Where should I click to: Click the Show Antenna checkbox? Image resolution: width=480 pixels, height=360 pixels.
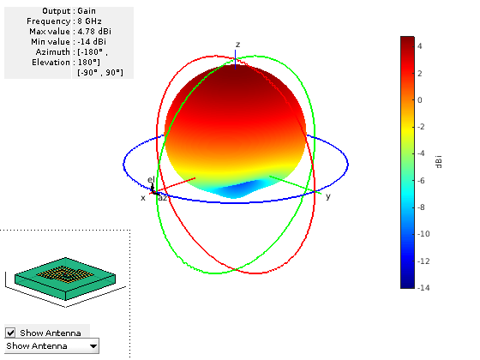point(10,333)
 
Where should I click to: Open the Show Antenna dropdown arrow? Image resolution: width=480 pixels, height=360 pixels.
point(93,346)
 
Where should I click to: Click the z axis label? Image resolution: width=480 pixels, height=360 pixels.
point(238,45)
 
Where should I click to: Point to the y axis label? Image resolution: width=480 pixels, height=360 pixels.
point(328,196)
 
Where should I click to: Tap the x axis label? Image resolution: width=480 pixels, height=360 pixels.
point(143,198)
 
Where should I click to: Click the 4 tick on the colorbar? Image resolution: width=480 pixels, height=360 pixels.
point(420,46)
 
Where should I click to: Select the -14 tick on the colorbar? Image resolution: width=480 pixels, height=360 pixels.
point(423,287)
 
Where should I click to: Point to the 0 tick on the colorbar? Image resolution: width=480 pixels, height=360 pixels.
point(420,100)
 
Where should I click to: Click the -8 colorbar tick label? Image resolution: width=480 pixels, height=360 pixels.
point(421,207)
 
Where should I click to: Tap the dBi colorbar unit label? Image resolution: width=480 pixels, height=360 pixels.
point(439,162)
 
